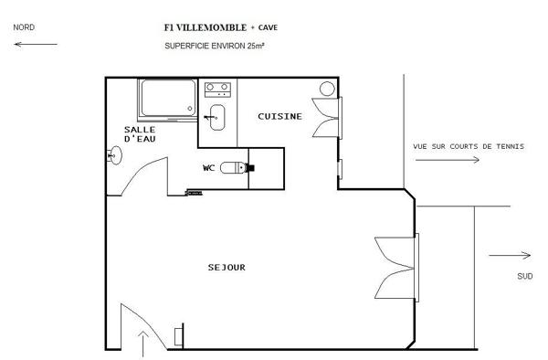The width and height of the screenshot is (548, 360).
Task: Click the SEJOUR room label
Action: coord(227,268)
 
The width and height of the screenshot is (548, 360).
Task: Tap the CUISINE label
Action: coord(279,116)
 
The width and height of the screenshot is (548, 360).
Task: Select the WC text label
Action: coord(208,168)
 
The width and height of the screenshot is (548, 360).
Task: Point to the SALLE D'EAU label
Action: coord(140,134)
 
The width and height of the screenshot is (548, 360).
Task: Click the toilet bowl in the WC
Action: coord(234,168)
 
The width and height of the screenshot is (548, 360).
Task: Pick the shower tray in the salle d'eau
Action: coord(168,99)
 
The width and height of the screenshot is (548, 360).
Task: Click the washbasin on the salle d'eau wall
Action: coord(115,155)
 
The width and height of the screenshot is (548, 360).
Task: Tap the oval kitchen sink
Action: coord(217,118)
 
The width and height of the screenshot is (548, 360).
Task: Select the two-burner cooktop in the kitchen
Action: coord(217,90)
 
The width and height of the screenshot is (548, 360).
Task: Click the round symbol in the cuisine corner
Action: coord(327,89)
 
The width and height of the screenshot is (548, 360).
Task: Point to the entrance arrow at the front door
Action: coord(142,344)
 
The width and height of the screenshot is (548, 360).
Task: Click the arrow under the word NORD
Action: coord(36,45)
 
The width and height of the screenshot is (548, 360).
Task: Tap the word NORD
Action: coord(24,27)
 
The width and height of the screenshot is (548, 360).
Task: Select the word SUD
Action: coord(525,277)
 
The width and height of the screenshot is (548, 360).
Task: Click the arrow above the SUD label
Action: coord(510,255)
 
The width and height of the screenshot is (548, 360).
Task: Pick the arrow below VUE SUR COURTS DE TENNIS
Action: coord(448,160)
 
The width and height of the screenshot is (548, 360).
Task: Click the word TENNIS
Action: coord(511,146)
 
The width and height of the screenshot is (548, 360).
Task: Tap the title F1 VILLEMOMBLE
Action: coord(205,27)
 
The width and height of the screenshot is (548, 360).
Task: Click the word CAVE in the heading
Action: coord(268,27)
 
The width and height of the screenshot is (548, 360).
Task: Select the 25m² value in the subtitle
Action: coord(256,46)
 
